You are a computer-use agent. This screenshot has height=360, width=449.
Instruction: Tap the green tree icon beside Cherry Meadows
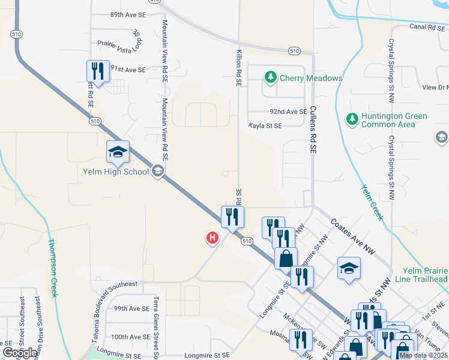pyautogui.click(x=271, y=77)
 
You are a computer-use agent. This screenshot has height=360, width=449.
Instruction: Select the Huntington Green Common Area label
pyautogui.click(x=394, y=120)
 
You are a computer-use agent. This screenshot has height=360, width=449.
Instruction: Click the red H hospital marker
pyautogui.click(x=212, y=238)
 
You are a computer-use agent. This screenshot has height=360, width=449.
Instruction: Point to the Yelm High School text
pyautogui.click(x=115, y=172)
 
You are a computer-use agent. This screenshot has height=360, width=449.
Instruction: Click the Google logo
pyautogui.click(x=20, y=353)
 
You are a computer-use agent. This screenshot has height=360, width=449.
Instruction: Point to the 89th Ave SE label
pyautogui.click(x=128, y=14)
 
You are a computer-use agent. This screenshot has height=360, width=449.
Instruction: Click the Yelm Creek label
pyautogui.click(x=372, y=202)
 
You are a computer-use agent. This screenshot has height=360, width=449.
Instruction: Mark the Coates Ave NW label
pyautogui.click(x=353, y=236)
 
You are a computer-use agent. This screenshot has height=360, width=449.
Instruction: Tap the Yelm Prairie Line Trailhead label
pyautogui.click(x=421, y=275)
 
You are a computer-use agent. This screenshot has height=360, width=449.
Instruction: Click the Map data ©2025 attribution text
pyautogui.click(x=423, y=355)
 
